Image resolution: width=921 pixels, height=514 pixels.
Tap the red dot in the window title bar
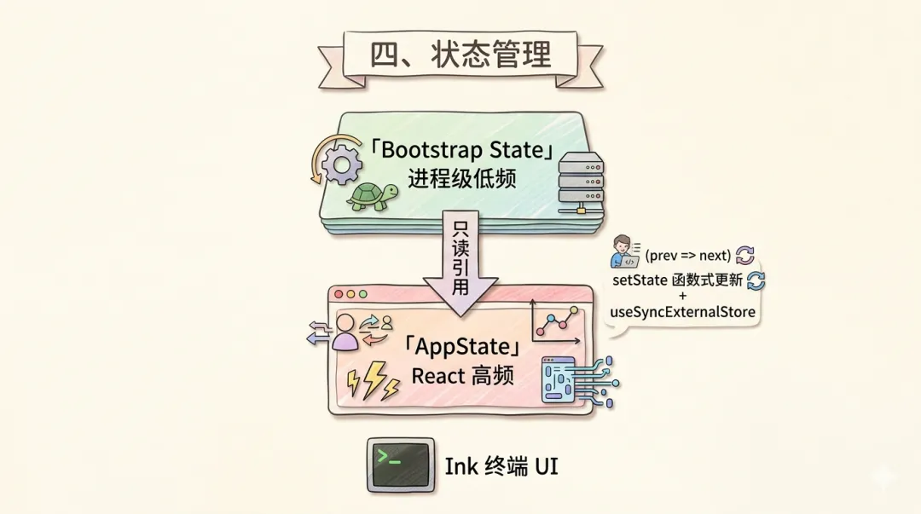click(339, 294)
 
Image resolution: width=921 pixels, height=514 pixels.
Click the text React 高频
click(462, 375)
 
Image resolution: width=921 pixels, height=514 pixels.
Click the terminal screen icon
click(400, 465)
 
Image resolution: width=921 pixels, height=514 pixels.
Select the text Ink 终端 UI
click(501, 466)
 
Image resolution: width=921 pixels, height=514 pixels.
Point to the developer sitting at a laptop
click(625, 254)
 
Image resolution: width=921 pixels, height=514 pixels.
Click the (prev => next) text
click(688, 255)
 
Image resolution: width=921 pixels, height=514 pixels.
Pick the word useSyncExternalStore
click(683, 312)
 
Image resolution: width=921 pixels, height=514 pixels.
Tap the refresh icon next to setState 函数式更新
click(756, 280)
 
